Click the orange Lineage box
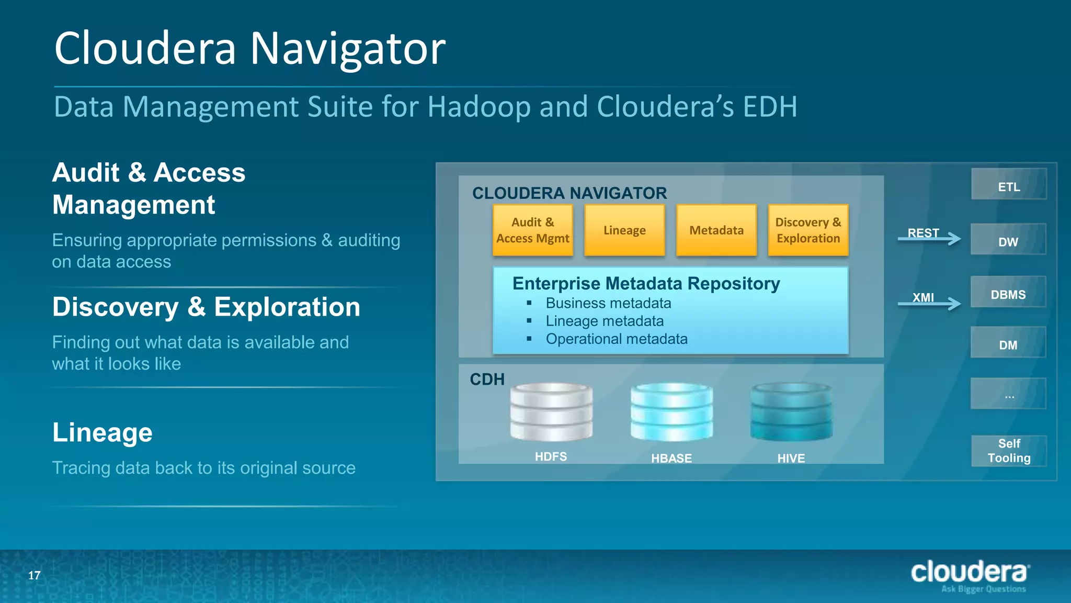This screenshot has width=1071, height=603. pyautogui.click(x=624, y=230)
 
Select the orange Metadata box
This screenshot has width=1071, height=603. pyautogui.click(x=716, y=230)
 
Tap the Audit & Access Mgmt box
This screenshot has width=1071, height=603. pyautogui.click(x=532, y=230)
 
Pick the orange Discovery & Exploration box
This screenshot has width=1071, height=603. pyautogui.click(x=808, y=230)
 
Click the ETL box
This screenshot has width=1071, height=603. pyautogui.click(x=1009, y=184)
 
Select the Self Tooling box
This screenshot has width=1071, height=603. pyautogui.click(x=1009, y=451)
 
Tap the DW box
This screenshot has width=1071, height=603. pyautogui.click(x=1008, y=240)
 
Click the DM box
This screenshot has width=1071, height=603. pyautogui.click(x=1008, y=343)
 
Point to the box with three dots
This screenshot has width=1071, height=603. pyautogui.click(x=1008, y=394)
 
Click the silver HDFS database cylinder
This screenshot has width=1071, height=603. pyautogui.click(x=551, y=412)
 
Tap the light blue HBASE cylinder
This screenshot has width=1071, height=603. pyautogui.click(x=671, y=412)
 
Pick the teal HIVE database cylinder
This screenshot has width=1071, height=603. pyautogui.click(x=791, y=412)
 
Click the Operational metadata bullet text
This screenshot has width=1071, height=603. pyautogui.click(x=616, y=339)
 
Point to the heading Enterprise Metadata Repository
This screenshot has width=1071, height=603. pyautogui.click(x=646, y=284)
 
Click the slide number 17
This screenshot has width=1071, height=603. pyautogui.click(x=35, y=575)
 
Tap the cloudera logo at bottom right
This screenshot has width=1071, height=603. pyautogui.click(x=970, y=575)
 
